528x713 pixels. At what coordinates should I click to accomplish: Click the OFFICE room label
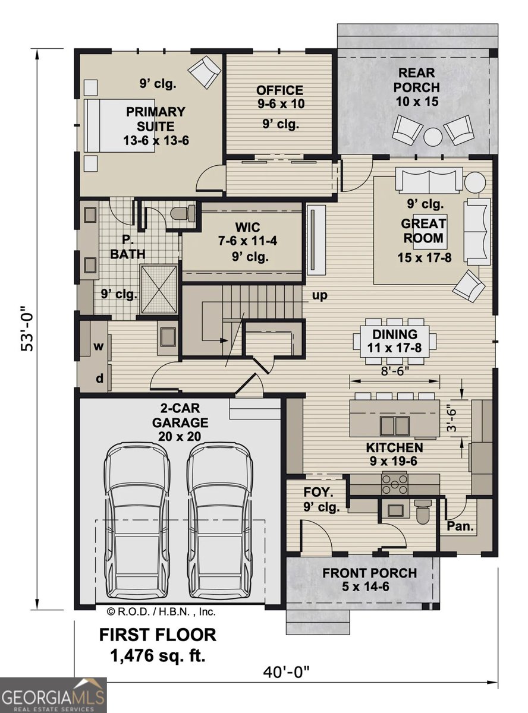tap(279, 90)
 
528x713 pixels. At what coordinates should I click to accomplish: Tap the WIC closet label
tap(247, 227)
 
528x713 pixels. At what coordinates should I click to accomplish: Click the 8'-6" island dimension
tap(395, 371)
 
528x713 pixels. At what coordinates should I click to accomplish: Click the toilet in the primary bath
tap(183, 213)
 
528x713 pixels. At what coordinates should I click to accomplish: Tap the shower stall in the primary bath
tap(159, 289)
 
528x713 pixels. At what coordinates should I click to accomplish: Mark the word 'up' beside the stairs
tap(319, 295)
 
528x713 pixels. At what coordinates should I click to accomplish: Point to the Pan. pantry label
tap(460, 526)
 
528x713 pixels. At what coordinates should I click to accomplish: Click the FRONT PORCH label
tap(370, 573)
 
